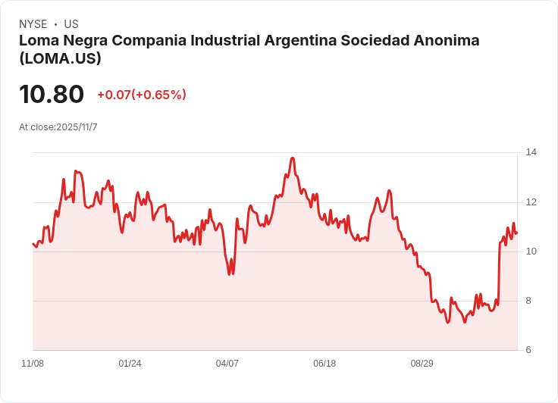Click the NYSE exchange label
[x=33, y=24]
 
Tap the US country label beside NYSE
[x=71, y=24]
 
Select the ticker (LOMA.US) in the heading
[x=60, y=58]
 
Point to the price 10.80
[x=52, y=95]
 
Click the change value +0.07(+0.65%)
[x=142, y=95]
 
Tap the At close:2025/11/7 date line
[x=58, y=127]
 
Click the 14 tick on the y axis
[x=531, y=152]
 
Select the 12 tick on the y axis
[x=531, y=202]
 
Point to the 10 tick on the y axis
[x=531, y=251]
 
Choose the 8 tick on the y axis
[x=529, y=301]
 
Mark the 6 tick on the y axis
[x=529, y=350]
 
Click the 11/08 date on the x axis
[x=33, y=364]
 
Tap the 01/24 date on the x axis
[x=130, y=364]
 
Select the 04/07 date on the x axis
[x=227, y=364]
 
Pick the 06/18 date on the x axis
[x=324, y=364]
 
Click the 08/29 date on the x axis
[x=422, y=364]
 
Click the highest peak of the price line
[x=292, y=158]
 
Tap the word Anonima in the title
[x=446, y=41]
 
